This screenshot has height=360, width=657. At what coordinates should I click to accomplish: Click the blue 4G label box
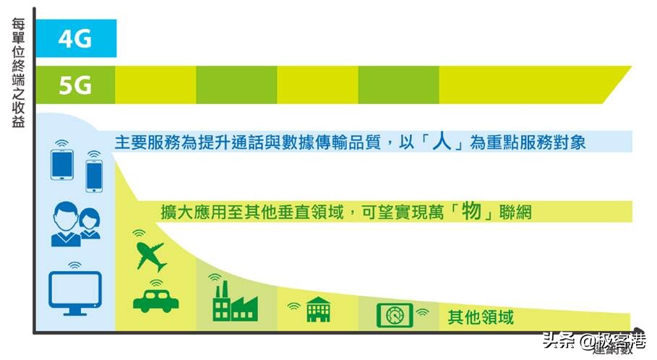point(75,38)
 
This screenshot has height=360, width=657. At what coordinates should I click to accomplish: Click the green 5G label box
point(75,85)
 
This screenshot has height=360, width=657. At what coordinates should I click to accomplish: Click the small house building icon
point(318,309)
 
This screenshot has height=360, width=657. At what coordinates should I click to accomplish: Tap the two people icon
point(76,223)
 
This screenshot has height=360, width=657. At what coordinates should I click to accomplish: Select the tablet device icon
point(61,164)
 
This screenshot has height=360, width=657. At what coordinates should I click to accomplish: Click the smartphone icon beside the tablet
point(94,175)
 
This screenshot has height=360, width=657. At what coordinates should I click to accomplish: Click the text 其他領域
point(481,316)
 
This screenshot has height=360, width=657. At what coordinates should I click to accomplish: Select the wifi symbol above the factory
point(214,277)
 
